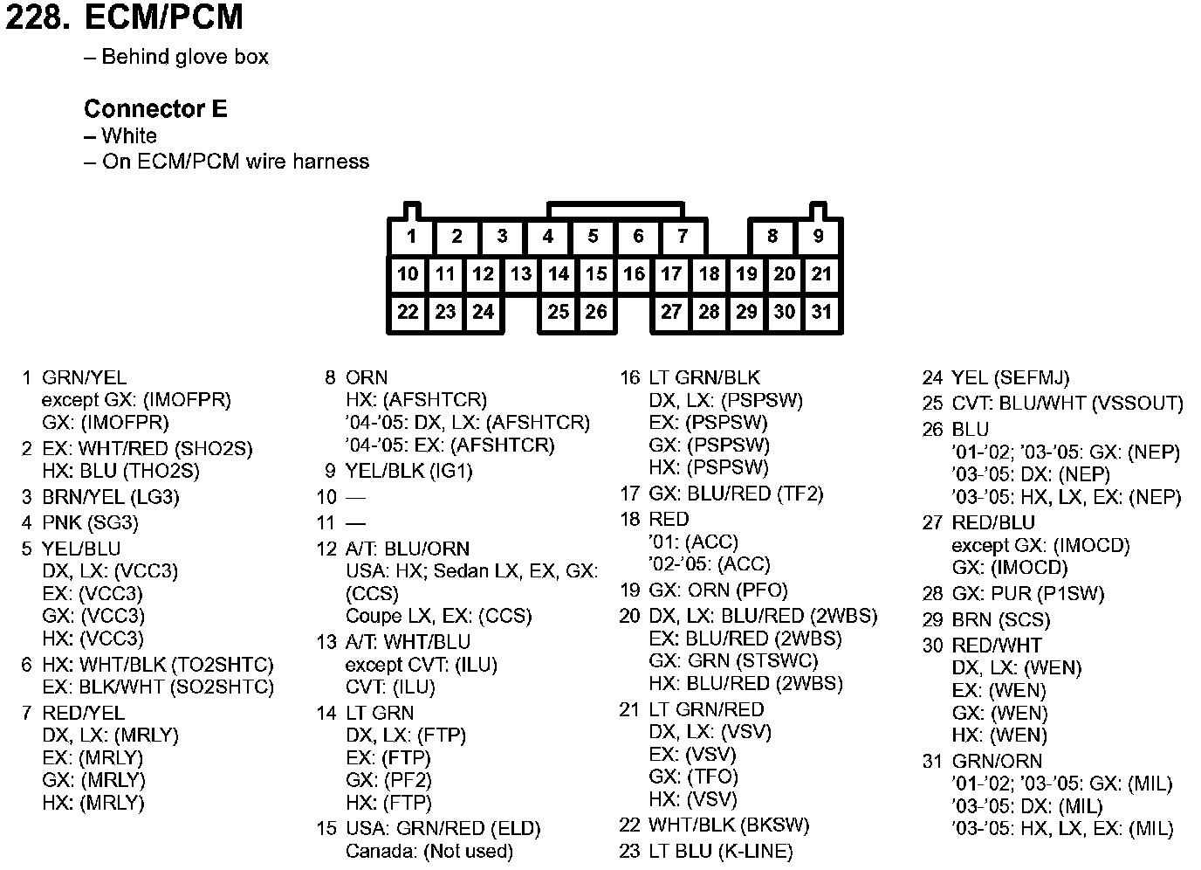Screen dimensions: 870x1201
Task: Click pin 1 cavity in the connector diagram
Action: (x=411, y=236)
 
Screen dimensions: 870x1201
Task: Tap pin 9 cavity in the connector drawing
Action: (x=818, y=236)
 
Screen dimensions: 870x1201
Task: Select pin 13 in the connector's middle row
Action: (x=521, y=274)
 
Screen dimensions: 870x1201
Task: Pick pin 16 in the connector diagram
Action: (x=634, y=274)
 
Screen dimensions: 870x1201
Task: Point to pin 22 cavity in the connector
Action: (x=408, y=313)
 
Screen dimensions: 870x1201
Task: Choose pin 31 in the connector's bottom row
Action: (x=821, y=313)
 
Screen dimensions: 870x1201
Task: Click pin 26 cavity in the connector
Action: (x=596, y=313)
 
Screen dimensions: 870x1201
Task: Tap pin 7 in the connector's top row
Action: (x=683, y=236)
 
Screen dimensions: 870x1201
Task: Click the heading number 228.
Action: (x=38, y=18)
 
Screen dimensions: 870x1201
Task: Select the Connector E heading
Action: (x=155, y=109)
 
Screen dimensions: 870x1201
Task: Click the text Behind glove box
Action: (x=185, y=58)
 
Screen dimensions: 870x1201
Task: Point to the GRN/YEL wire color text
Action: (x=85, y=378)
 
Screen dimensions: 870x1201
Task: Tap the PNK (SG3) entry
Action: (x=90, y=523)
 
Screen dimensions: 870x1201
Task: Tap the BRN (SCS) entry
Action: (x=1000, y=620)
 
